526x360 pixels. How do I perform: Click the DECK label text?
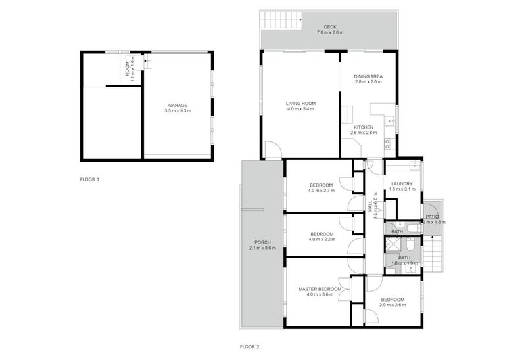[x=329, y=27]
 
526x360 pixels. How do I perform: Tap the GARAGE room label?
[x=178, y=105]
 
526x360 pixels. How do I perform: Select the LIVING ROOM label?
[x=300, y=103]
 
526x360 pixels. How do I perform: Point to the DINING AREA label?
[x=368, y=76]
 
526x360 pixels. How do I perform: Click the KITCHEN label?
[x=364, y=127]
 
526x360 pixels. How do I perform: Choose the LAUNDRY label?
[x=401, y=183]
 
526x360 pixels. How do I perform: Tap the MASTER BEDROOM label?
[x=320, y=289]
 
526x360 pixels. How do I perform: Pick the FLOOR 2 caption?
[x=250, y=346]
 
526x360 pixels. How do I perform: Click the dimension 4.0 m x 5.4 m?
[x=300, y=109]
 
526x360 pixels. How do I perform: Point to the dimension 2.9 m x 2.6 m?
[x=393, y=305]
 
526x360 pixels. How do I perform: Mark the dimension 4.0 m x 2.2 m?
[x=322, y=240]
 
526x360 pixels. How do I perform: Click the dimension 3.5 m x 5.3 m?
[x=178, y=111]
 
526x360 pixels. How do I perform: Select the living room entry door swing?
[x=272, y=150]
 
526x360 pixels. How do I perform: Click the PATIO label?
[x=432, y=216]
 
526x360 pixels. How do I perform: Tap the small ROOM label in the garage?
[x=128, y=65]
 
